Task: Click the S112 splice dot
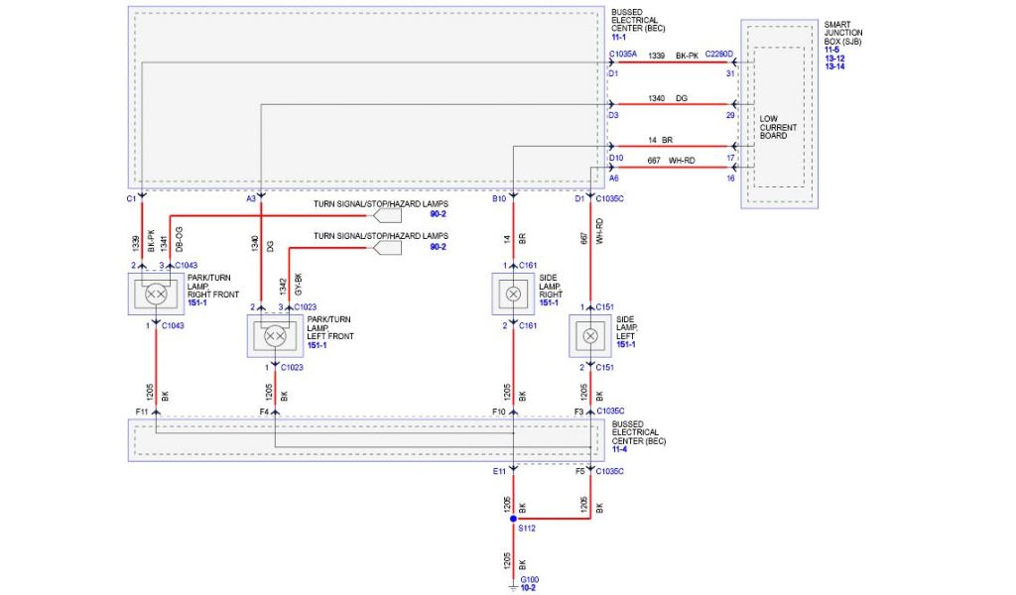513,518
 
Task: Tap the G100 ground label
530,579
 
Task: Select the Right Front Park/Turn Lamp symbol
156,294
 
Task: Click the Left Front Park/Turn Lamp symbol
275,336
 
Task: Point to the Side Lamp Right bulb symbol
513,295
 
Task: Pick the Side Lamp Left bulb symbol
590,336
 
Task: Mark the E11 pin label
500,471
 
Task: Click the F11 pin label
142,411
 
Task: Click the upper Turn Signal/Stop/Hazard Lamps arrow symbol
386,214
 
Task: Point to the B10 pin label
499,199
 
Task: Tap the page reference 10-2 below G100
530,588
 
